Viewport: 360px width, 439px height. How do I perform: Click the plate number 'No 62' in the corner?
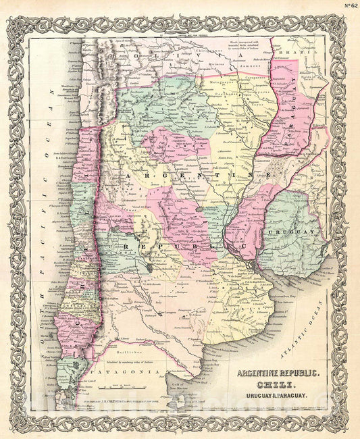click(x=349, y=6)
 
